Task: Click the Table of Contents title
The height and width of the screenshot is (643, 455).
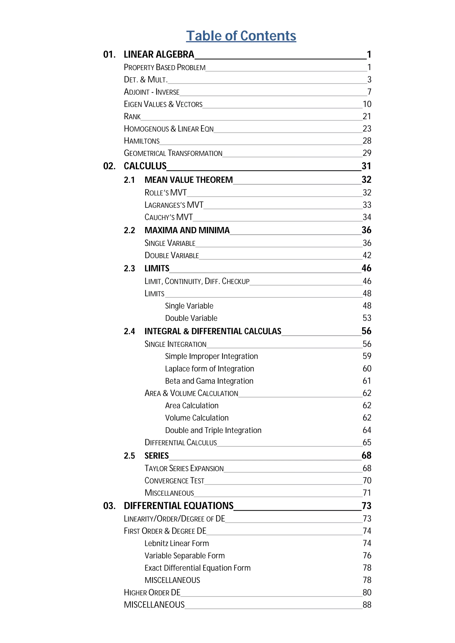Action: [241, 36]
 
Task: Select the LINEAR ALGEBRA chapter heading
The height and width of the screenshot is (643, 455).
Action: [159, 54]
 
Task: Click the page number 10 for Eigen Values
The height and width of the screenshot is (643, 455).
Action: [367, 104]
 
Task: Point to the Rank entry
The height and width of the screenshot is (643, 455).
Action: [132, 116]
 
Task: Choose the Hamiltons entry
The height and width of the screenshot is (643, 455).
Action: [142, 141]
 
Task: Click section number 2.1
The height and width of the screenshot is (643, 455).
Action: [129, 180]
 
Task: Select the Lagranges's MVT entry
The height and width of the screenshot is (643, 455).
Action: [174, 205]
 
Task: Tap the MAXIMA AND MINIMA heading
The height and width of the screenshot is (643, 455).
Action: [187, 230]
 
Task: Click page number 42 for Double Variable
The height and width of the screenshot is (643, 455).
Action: [367, 255]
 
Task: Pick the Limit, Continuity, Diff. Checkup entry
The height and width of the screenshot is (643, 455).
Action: [197, 281]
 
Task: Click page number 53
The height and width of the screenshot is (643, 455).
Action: [367, 318]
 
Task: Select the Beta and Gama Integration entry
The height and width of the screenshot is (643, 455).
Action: [209, 381]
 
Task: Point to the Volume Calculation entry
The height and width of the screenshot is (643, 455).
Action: [197, 418]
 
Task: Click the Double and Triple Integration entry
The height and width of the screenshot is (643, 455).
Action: [213, 430]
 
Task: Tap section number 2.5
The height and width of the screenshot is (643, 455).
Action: [129, 456]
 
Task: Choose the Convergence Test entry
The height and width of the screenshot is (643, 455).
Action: [174, 481]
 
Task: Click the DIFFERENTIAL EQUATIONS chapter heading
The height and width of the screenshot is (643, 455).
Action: [179, 506]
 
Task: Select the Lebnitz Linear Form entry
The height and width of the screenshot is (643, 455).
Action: [177, 543]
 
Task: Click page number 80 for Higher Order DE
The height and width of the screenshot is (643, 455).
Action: [367, 593]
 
